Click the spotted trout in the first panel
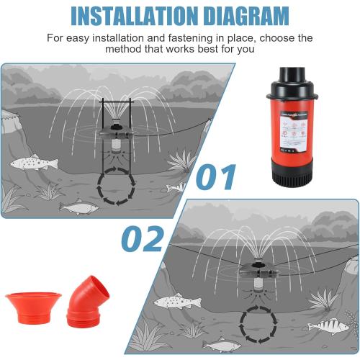coord(33,163)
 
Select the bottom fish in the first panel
coord(78,208)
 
